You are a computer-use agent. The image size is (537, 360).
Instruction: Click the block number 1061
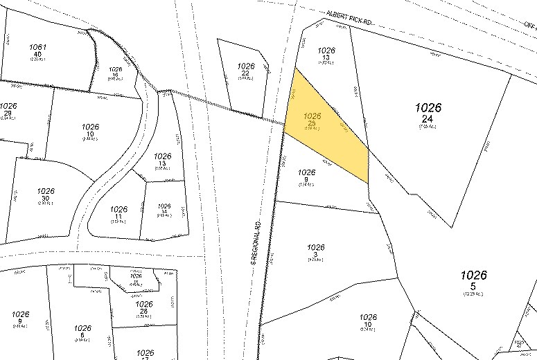pyautogui.click(x=37, y=47)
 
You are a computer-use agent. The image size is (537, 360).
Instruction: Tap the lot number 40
pyautogui.click(x=37, y=54)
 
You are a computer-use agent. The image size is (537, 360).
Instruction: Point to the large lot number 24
pyautogui.click(x=428, y=119)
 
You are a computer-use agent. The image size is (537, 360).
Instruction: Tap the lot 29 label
pyautogui.click(x=8, y=113)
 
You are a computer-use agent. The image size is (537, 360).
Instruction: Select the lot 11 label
pyautogui.click(x=118, y=215)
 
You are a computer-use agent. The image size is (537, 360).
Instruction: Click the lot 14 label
pyautogui.click(x=164, y=213)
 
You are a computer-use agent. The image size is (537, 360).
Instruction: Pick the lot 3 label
pyautogui.click(x=315, y=254)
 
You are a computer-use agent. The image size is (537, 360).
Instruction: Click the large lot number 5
pyautogui.click(x=473, y=285)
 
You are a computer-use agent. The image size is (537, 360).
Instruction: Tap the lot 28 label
pyautogui.click(x=143, y=311)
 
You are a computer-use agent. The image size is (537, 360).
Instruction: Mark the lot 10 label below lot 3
pyautogui.click(x=369, y=324)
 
